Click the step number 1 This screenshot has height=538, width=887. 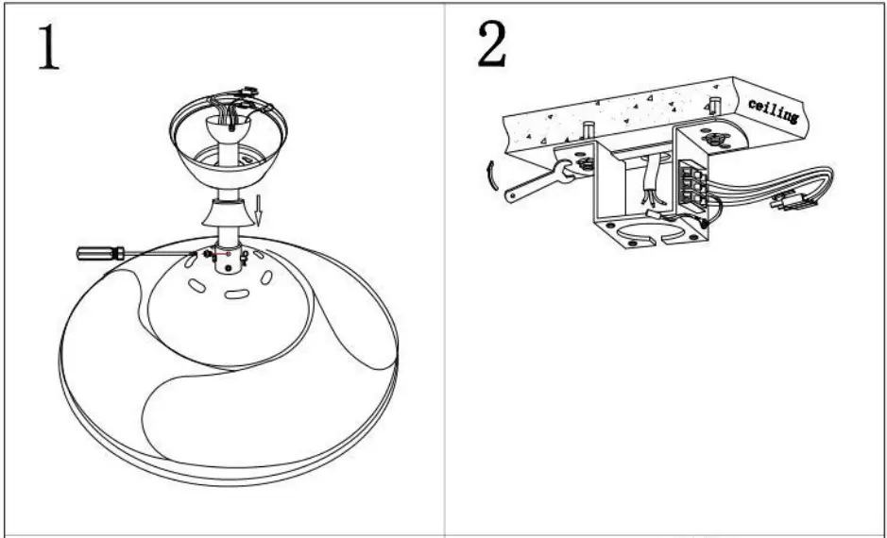pos(49,48)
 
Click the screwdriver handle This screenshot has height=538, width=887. pos(101,252)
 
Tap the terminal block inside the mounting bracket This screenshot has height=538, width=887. pos(693,183)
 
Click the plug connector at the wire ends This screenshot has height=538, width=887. pos(792,201)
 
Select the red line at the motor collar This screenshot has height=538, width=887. pos(225,254)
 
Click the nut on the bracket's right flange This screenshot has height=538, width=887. pos(714,141)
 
